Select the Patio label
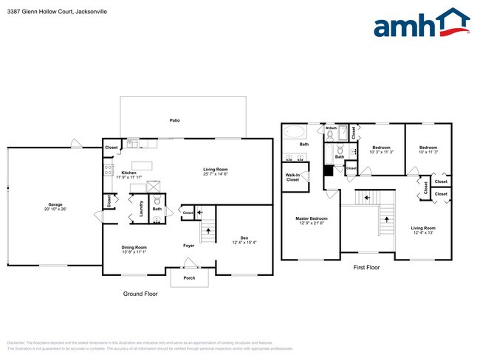(x=175, y=120)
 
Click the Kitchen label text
(x=128, y=173)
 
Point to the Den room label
(x=244, y=238)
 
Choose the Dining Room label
(x=134, y=247)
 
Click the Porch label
(x=189, y=278)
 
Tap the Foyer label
(x=189, y=245)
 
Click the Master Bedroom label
(x=311, y=218)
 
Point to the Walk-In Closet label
(x=292, y=177)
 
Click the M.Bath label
(x=332, y=129)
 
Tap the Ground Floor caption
(x=140, y=294)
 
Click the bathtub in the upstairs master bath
(x=294, y=134)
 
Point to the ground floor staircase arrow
(x=208, y=230)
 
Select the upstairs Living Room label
(x=423, y=228)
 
